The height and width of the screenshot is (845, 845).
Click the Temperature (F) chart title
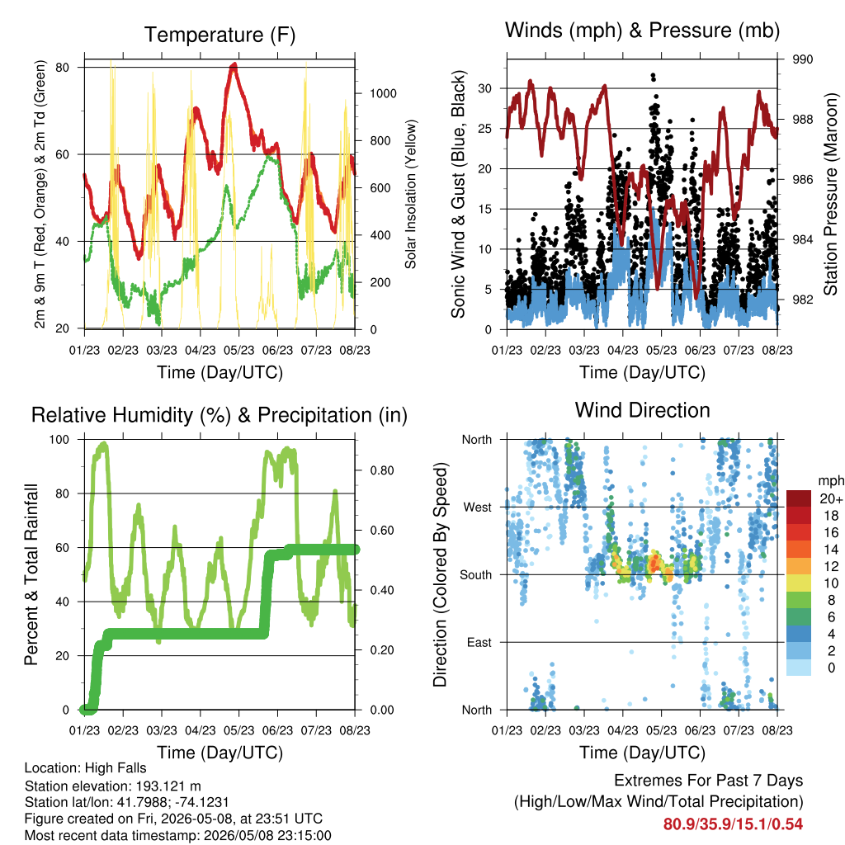pyautogui.click(x=220, y=35)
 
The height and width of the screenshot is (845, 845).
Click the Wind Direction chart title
pyautogui.click(x=642, y=411)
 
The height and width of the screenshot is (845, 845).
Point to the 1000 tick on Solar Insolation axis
pyautogui.click(x=383, y=93)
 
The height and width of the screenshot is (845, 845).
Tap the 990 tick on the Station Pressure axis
pyautogui.click(x=802, y=59)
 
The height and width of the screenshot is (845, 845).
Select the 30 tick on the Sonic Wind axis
pyautogui.click(x=484, y=88)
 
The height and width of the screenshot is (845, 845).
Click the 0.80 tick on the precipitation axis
pyautogui.click(x=382, y=470)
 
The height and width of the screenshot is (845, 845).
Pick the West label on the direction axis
pyautogui.click(x=478, y=507)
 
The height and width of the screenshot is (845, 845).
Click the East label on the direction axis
pyautogui.click(x=479, y=642)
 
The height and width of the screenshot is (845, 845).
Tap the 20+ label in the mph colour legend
pyautogui.click(x=831, y=498)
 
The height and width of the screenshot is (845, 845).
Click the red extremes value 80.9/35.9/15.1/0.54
pyautogui.click(x=733, y=824)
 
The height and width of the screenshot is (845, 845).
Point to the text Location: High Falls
pyautogui.click(x=86, y=768)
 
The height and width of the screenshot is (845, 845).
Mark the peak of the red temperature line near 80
pyautogui.click(x=234, y=64)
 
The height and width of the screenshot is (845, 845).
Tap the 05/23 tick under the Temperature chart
pyautogui.click(x=238, y=350)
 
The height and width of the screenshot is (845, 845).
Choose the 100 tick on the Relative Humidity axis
pyautogui.click(x=59, y=440)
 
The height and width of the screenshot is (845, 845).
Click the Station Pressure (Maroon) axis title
pyautogui.click(x=830, y=194)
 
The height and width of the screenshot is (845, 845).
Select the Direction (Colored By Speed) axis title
pyautogui.click(x=441, y=574)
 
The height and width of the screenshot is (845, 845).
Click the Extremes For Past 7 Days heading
pyautogui.click(x=709, y=781)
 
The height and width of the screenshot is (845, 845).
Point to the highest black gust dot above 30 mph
pyautogui.click(x=654, y=75)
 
